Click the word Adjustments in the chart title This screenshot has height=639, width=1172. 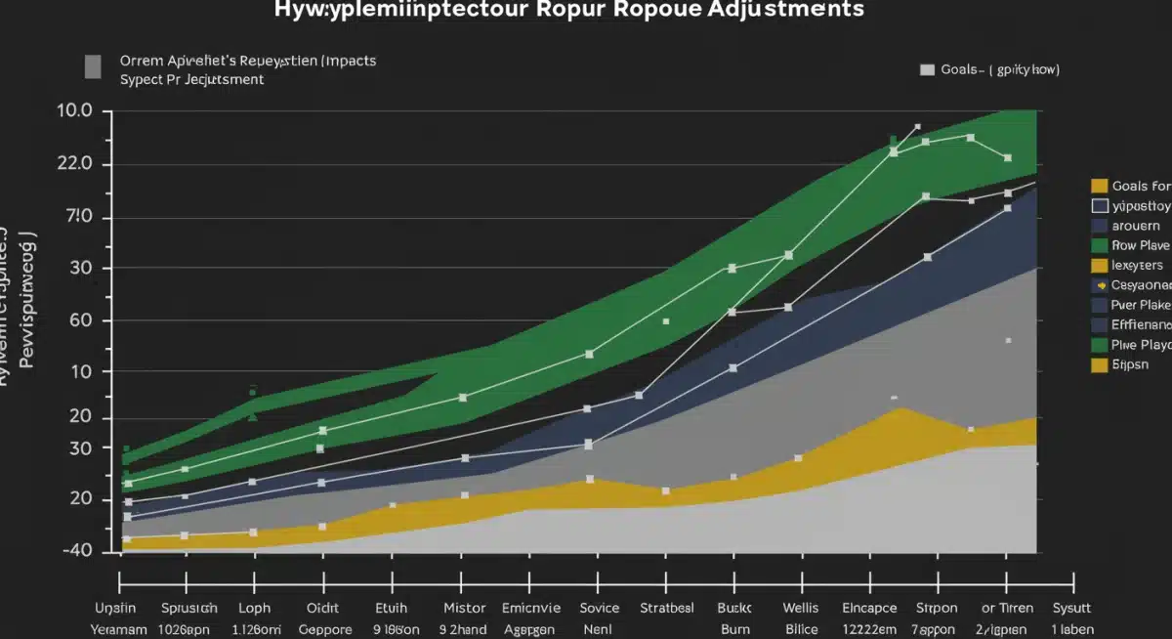pyautogui.click(x=775, y=10)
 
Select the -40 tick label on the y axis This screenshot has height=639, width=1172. pyautogui.click(x=75, y=550)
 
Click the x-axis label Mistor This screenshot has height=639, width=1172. pyautogui.click(x=464, y=608)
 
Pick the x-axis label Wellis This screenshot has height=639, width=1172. pyautogui.click(x=801, y=608)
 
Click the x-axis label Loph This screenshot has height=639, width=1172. pyautogui.click(x=254, y=608)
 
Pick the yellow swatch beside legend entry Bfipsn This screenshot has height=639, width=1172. pyautogui.click(x=1099, y=365)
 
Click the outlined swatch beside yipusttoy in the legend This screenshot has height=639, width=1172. pyautogui.click(x=1099, y=206)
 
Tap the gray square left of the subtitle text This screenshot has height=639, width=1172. pyautogui.click(x=92, y=66)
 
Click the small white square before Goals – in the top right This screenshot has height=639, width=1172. pyautogui.click(x=927, y=70)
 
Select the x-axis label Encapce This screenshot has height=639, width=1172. pyautogui.click(x=869, y=608)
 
